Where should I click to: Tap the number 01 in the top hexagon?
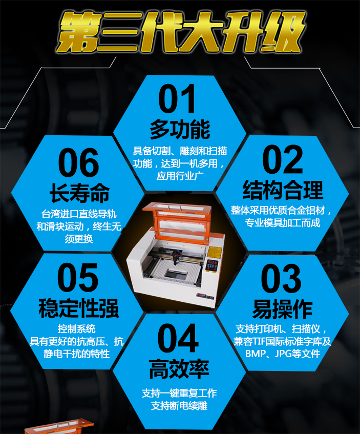(x=177, y=99)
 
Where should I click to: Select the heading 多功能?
(x=180, y=130)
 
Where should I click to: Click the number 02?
(x=283, y=159)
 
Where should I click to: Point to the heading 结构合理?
(x=283, y=190)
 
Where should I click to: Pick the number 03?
(x=281, y=278)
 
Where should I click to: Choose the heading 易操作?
(x=282, y=309)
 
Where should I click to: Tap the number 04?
(x=178, y=338)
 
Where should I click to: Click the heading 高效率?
(x=179, y=369)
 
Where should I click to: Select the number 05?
(x=78, y=278)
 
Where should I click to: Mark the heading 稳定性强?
(x=78, y=308)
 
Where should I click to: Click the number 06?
(x=78, y=162)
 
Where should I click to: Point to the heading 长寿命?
(x=79, y=193)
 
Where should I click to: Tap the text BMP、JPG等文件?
(x=283, y=354)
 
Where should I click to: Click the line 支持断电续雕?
(x=179, y=406)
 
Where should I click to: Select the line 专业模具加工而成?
(x=282, y=222)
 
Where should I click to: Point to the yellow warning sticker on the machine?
(x=214, y=252)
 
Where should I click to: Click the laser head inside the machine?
(x=176, y=257)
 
